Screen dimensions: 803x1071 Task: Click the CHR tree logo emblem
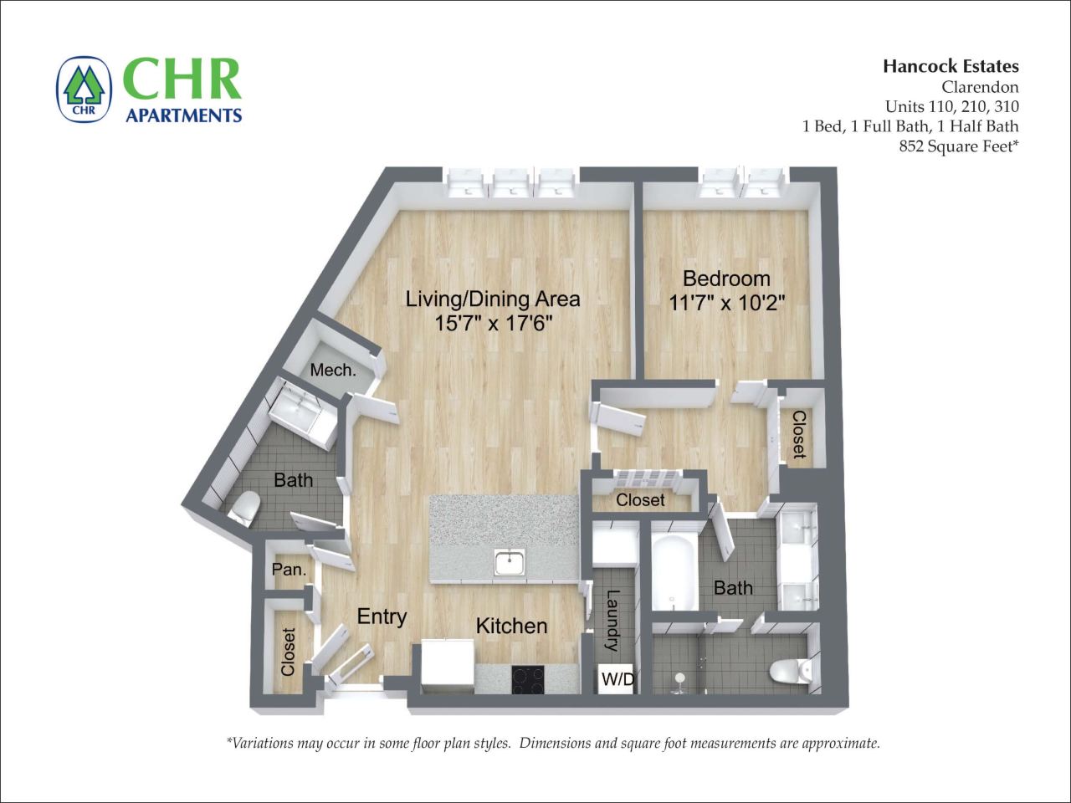click(x=85, y=89)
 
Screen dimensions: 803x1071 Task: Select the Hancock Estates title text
click(x=951, y=66)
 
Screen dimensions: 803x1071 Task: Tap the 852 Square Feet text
click(x=957, y=146)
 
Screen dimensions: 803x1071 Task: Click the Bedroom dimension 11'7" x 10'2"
click(x=726, y=303)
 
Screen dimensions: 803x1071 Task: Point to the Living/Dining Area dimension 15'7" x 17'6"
click(x=494, y=323)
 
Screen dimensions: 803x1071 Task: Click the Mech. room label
click(x=333, y=370)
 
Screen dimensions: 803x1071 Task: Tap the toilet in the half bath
click(x=246, y=509)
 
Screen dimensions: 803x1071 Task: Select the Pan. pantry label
click(x=289, y=571)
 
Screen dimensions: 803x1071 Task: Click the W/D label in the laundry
click(x=617, y=680)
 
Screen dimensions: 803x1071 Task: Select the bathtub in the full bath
click(x=673, y=573)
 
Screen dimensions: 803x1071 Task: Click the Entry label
click(x=382, y=616)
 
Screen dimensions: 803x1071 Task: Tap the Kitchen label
click(x=511, y=626)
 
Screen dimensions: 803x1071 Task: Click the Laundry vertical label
click(x=612, y=621)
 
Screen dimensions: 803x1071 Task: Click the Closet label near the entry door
click(x=289, y=652)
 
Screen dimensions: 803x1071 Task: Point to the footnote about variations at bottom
click(x=552, y=743)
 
